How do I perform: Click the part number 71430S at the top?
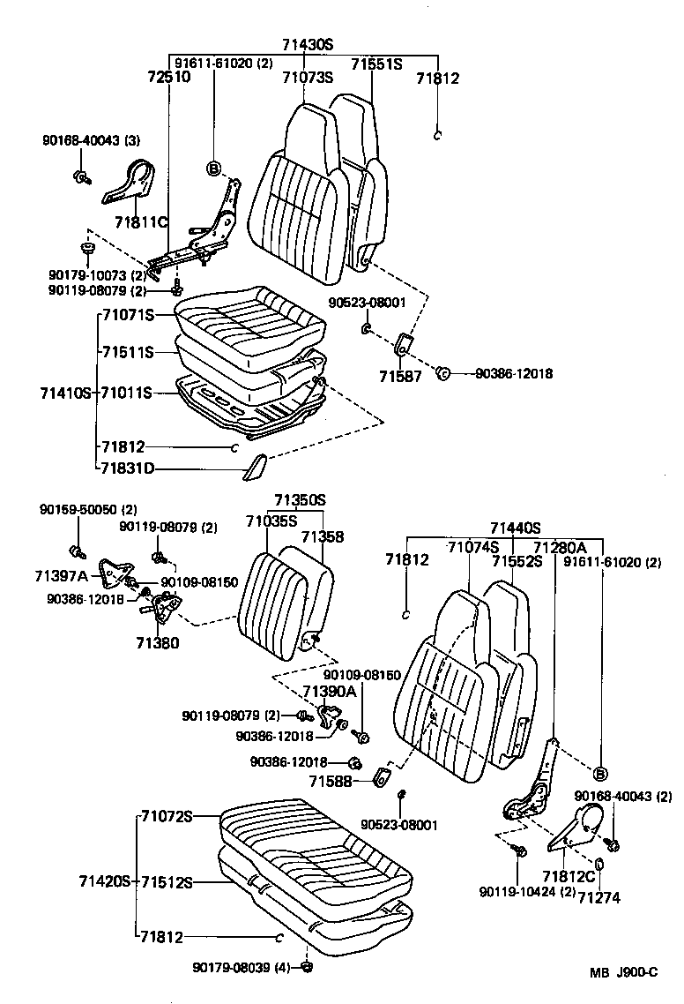[308, 44]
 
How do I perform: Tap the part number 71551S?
[376, 64]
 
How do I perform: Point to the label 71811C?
[141, 221]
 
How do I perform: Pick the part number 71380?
[157, 643]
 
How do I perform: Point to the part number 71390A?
[329, 691]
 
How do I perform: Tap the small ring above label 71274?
[599, 862]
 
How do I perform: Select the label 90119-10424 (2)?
[527, 892]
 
